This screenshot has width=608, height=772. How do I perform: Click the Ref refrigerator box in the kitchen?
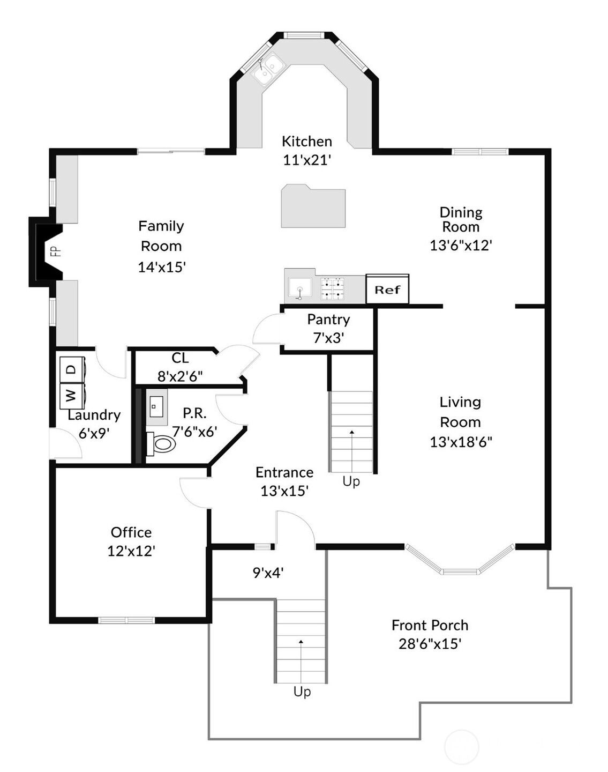point(387,289)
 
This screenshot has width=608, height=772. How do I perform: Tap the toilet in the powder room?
point(162,443)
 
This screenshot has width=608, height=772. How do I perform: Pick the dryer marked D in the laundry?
point(72,369)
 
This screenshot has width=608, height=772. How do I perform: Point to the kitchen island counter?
point(313,206)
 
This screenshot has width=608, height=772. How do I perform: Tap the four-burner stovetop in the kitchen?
point(332,288)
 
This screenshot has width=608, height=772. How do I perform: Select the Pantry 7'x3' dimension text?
point(328,338)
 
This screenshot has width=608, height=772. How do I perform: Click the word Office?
point(131,532)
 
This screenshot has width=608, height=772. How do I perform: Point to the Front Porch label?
point(430,625)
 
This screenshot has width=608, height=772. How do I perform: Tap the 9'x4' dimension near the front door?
point(268,573)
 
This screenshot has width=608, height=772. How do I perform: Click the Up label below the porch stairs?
point(302,692)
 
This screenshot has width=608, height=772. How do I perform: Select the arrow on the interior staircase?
point(352,432)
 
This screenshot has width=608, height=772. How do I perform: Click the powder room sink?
point(156,407)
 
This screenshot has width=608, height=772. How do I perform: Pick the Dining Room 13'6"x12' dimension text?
point(461,245)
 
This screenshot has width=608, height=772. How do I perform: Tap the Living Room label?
point(460,412)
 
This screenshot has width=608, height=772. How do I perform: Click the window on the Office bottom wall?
point(126,620)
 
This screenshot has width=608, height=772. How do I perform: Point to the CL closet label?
point(180,358)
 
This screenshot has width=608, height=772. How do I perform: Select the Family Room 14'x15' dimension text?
point(162,267)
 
